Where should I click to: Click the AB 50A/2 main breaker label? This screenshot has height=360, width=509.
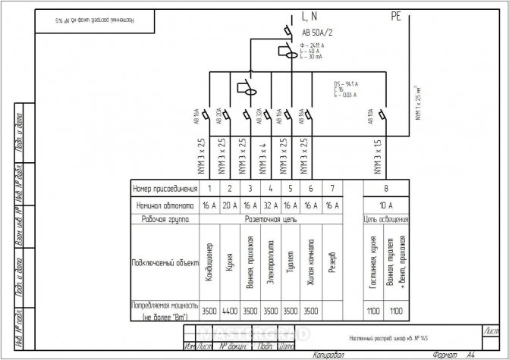(x=318, y=34)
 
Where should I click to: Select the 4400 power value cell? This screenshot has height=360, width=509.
(x=230, y=310)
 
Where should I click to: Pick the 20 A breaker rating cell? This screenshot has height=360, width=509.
(x=230, y=205)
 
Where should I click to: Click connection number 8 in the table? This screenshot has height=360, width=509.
(x=386, y=187)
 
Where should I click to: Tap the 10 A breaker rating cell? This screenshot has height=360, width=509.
(x=386, y=205)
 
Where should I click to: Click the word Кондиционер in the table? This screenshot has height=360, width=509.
(x=209, y=261)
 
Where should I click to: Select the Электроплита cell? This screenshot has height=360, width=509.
(x=271, y=261)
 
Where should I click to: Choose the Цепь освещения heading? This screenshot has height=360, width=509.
(x=386, y=219)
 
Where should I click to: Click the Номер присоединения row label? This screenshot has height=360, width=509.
(x=164, y=187)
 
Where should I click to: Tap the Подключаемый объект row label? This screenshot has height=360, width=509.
(x=164, y=261)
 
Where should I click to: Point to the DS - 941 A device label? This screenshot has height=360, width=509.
(x=348, y=83)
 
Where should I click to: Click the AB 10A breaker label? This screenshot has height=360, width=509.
(x=370, y=118)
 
